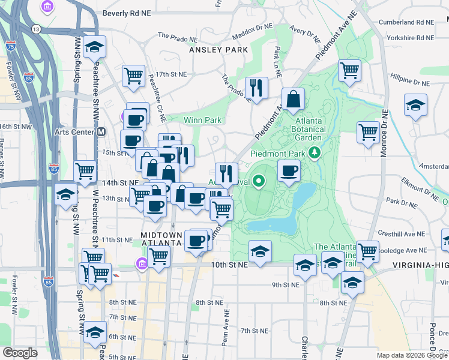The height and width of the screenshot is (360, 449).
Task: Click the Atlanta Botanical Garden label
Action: tap(309, 128)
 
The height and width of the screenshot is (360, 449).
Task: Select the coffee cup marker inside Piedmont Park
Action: tap(289, 171)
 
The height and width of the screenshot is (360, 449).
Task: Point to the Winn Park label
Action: tap(203, 120)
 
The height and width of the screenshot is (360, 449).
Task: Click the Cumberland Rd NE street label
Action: tap(406, 22)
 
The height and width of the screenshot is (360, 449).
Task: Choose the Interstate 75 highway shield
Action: tap(10, 45)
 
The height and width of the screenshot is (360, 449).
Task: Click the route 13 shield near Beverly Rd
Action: tap(37, 29)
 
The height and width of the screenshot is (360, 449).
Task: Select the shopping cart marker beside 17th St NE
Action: tap(133, 76)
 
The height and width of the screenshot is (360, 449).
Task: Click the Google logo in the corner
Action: tap(20, 353)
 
